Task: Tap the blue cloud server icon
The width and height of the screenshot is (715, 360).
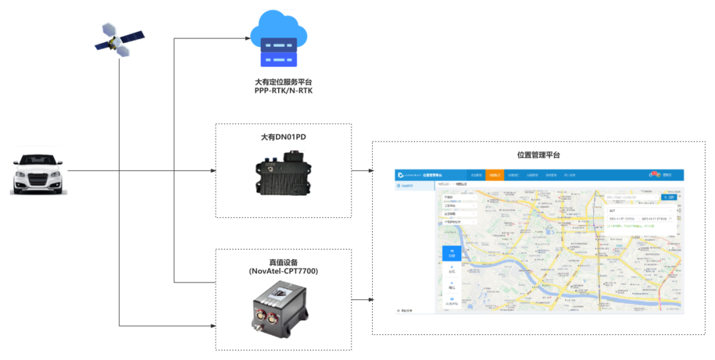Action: point(278,41)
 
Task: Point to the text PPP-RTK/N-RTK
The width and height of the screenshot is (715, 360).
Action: point(283,90)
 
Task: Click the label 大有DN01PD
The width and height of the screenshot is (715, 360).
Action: point(283,137)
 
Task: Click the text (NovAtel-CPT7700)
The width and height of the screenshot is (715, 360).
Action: point(283,271)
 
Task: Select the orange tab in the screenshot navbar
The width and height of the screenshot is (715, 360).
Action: point(494,175)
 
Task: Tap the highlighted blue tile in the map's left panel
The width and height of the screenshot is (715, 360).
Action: point(452,253)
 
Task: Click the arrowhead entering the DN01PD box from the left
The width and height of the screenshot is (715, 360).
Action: point(213,171)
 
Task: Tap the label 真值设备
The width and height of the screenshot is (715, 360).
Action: point(283,262)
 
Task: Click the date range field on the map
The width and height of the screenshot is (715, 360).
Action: point(639,218)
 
